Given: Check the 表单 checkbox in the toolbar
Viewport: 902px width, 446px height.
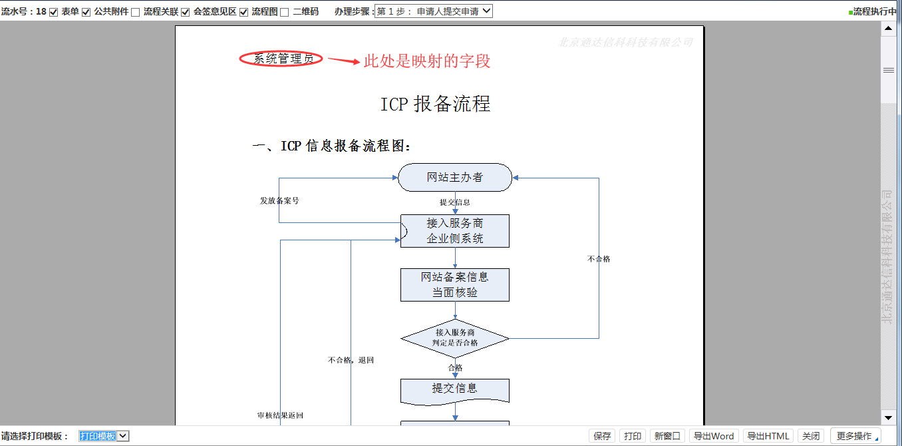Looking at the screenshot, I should [54, 12].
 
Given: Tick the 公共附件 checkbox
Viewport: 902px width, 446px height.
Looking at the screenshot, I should [86, 12].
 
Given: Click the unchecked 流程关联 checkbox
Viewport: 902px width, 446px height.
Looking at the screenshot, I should [136, 12].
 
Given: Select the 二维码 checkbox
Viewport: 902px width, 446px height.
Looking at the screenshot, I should [285, 12].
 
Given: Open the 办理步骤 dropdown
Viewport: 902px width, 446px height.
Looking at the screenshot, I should [433, 11].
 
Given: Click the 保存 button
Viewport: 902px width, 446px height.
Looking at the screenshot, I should [602, 436].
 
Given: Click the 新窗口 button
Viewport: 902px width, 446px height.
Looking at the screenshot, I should [667, 436].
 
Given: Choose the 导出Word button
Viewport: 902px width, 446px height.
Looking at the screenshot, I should [713, 436].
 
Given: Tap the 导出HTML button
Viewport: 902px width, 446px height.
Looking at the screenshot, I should [768, 436].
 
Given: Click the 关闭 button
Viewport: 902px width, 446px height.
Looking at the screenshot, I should [811, 436].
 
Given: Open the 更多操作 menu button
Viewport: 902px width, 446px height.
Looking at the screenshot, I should [855, 436].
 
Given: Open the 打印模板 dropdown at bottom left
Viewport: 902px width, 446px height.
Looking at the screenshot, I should [104, 436].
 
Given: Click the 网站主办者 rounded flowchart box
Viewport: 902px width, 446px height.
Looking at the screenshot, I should [455, 178].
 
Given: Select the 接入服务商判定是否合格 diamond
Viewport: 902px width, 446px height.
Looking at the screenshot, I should [455, 338].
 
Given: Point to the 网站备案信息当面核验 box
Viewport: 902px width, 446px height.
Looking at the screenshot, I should [455, 285].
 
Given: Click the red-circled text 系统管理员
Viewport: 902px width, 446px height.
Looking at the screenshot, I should [281, 59].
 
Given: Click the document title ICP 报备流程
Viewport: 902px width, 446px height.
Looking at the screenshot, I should [435, 104].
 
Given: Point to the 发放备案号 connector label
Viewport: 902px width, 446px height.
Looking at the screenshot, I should [279, 200].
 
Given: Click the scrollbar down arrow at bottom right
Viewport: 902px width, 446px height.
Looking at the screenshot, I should [888, 418].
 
